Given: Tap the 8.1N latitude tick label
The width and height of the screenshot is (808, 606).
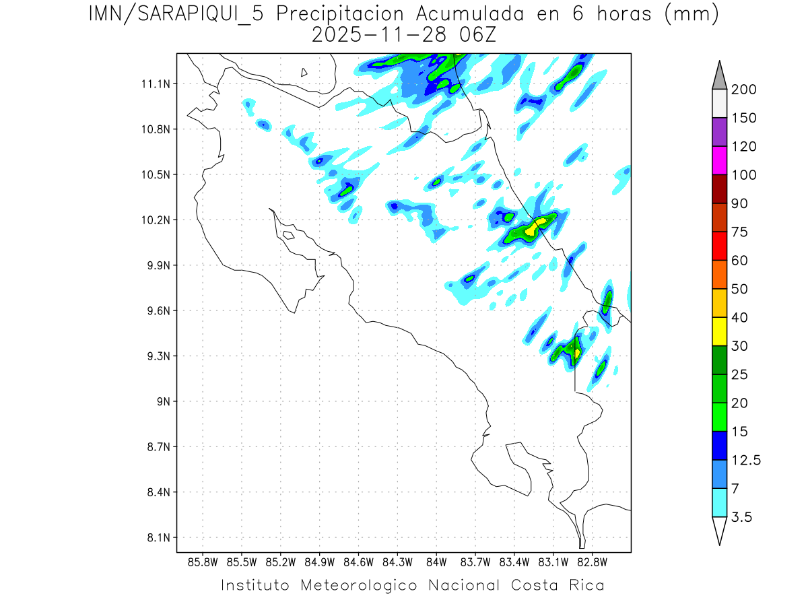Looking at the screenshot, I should point(155,537).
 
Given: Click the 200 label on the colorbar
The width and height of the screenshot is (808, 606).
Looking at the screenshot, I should point(743,90).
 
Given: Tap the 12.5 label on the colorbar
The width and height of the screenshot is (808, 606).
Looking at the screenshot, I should point(747,461).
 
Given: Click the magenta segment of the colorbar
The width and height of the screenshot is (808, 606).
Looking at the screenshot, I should point(719,161).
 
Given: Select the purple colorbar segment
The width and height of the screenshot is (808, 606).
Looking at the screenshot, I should point(719,132).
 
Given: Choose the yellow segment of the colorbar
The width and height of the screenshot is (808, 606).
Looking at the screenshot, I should point(719,331).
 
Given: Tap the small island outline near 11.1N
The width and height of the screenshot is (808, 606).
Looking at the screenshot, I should point(304,72).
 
